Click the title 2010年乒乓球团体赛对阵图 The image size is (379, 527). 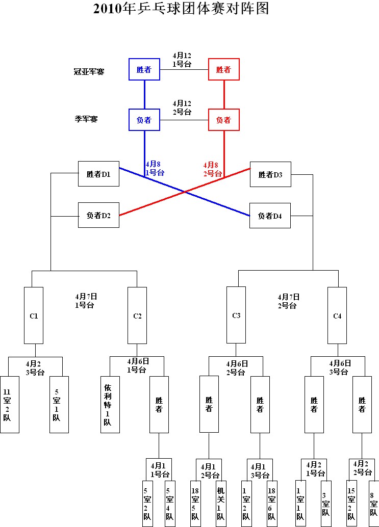tap(181, 9)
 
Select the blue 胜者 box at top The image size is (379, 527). tap(144, 69)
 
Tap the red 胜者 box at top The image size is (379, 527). tap(224, 69)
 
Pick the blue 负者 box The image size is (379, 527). tap(144, 120)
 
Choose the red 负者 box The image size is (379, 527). tap(224, 120)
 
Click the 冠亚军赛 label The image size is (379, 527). tap(89, 72)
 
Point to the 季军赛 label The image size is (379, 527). tap(86, 119)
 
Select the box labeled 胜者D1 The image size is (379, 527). tap(99, 174)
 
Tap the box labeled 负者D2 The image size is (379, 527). tap(99, 215)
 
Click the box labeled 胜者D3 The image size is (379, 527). tap(270, 175)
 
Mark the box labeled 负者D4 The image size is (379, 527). tap(270, 216)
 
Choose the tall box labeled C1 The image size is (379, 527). tap(34, 315)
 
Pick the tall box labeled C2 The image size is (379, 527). tap(137, 315)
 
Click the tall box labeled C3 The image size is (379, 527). tap(236, 315)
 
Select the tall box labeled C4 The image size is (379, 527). tap(337, 315)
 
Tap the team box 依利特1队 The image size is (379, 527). tap(110, 404)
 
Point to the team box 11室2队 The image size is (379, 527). tap(9, 404)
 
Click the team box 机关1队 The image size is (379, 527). tap(220, 504)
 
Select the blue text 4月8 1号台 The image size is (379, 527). tap(155, 168)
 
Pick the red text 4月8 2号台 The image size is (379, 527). tap(212, 169)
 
